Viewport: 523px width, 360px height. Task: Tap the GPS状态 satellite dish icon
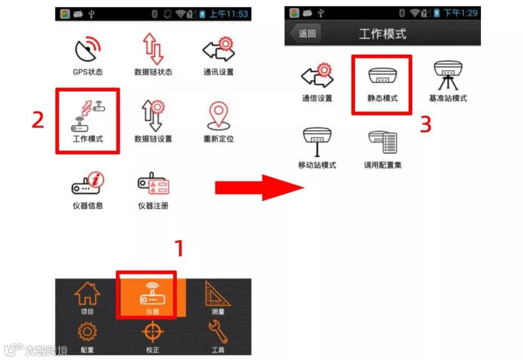tap(87, 49)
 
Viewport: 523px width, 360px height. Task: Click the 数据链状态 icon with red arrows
tap(153, 49)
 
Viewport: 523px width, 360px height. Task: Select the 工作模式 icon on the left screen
tap(88, 116)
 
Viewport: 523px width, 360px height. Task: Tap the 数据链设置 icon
tap(153, 115)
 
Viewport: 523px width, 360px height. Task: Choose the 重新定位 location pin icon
tap(218, 116)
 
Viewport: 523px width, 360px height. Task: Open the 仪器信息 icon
tap(88, 183)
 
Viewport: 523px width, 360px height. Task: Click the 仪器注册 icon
tap(153, 183)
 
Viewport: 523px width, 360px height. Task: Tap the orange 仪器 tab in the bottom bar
tap(153, 297)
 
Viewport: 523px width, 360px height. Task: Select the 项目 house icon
tap(87, 293)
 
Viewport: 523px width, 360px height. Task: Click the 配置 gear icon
tap(87, 331)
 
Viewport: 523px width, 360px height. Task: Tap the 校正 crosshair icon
tap(153, 331)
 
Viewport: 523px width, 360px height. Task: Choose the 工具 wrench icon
tap(218, 331)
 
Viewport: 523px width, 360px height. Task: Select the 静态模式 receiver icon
tap(383, 75)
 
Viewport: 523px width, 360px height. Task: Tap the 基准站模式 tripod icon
tap(448, 75)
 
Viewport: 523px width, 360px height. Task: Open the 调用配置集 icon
tap(383, 142)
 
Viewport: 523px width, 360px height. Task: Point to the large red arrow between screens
tap(259, 188)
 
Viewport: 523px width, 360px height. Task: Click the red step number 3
tap(426, 124)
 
